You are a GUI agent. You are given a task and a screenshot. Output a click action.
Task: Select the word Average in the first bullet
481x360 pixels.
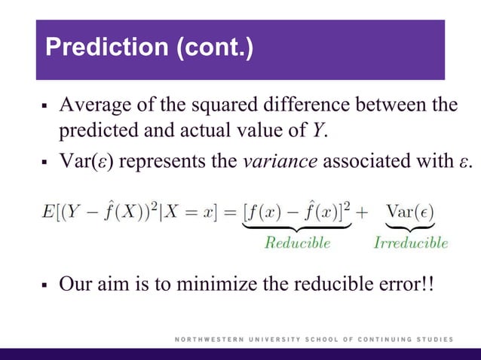93,105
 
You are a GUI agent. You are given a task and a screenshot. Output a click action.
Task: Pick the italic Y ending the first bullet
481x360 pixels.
318,130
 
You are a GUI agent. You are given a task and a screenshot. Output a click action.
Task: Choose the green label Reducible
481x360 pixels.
297,243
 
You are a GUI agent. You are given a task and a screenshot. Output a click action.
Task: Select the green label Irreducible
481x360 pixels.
411,243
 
